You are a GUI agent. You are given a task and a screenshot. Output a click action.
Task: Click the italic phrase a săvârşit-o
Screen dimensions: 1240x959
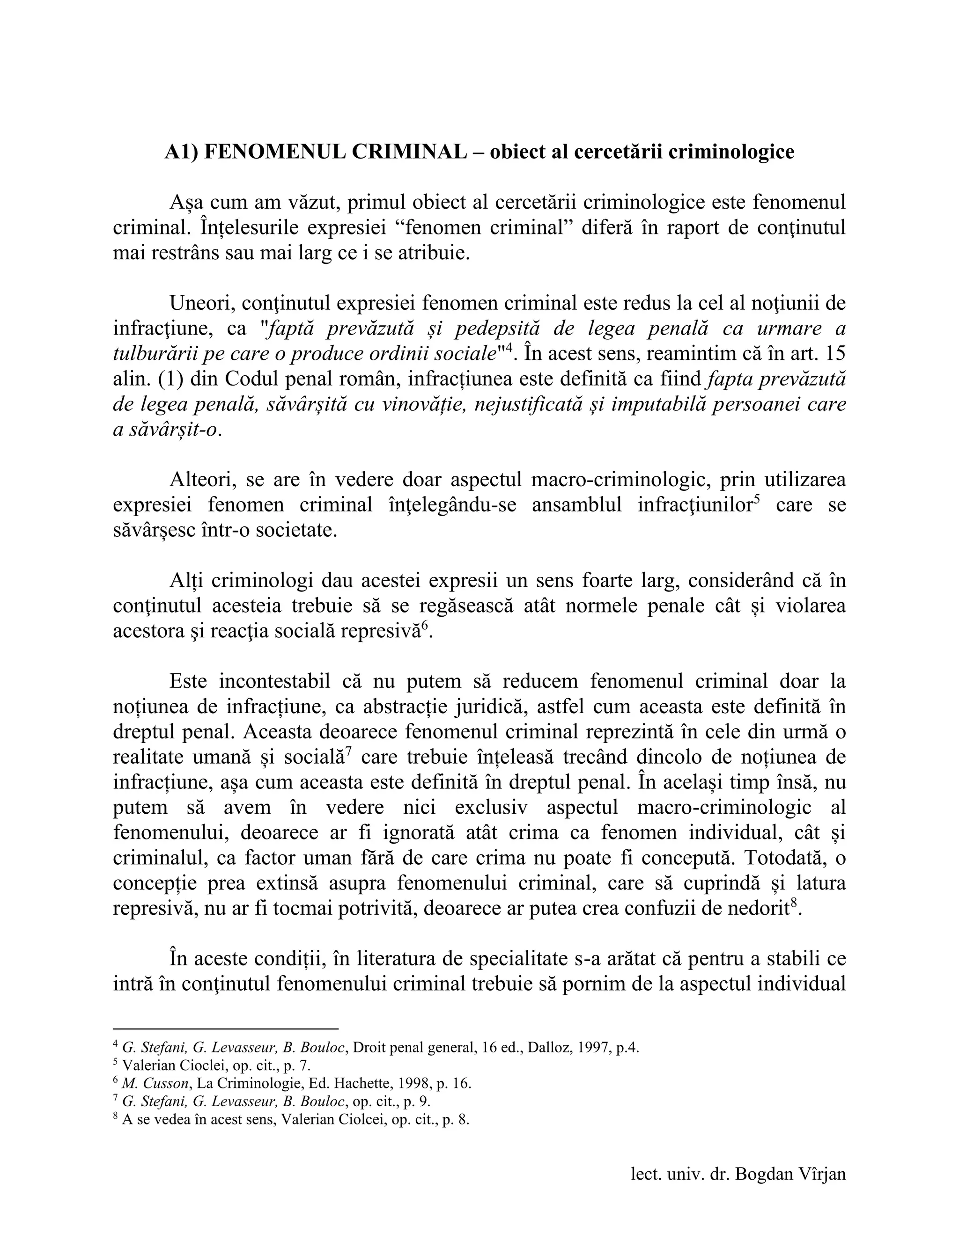coord(165,430)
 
